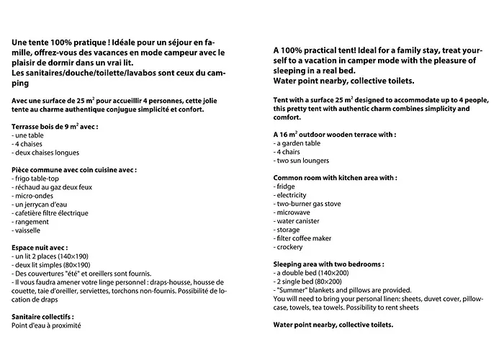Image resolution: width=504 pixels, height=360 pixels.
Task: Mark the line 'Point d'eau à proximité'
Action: click(46, 325)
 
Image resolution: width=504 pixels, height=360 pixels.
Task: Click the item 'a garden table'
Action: click(300, 143)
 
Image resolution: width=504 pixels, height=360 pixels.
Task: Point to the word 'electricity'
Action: click(292, 195)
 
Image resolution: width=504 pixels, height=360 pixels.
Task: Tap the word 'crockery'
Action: click(292, 247)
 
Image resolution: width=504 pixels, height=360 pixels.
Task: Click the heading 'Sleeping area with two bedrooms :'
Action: click(333, 264)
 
